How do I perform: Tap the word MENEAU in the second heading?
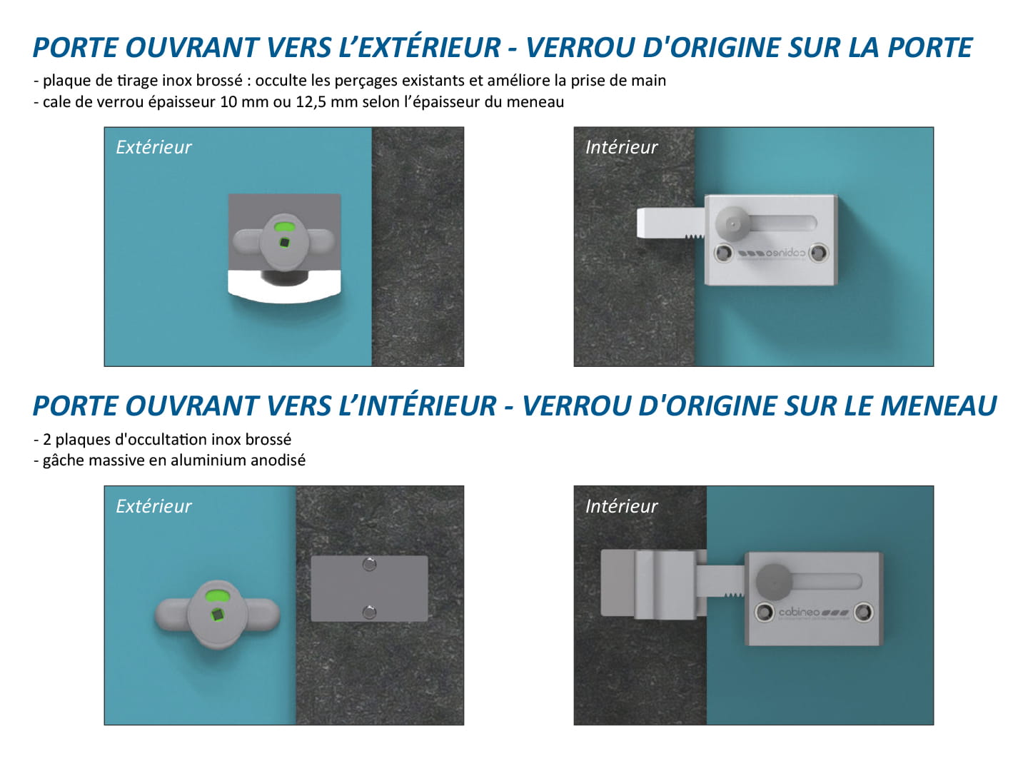click(x=939, y=405)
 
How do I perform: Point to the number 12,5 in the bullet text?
click(x=311, y=102)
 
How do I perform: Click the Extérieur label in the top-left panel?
click(x=153, y=148)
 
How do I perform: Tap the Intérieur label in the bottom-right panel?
click(x=622, y=506)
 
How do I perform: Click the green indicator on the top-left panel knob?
click(x=283, y=228)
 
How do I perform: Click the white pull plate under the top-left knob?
click(x=284, y=286)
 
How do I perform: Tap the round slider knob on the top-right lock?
click(x=732, y=223)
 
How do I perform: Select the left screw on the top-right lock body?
click(x=724, y=253)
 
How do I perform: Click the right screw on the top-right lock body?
click(x=819, y=253)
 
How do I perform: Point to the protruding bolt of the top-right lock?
click(x=670, y=223)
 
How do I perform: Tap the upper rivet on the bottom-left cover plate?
click(x=370, y=565)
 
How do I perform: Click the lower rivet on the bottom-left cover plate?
click(x=370, y=611)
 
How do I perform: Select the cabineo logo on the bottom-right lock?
click(x=814, y=612)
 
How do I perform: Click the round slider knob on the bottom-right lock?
click(x=774, y=582)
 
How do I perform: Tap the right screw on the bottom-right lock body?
click(x=864, y=612)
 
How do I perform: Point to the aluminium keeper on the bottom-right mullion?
click(x=654, y=583)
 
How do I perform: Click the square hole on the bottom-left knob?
click(x=217, y=614)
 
